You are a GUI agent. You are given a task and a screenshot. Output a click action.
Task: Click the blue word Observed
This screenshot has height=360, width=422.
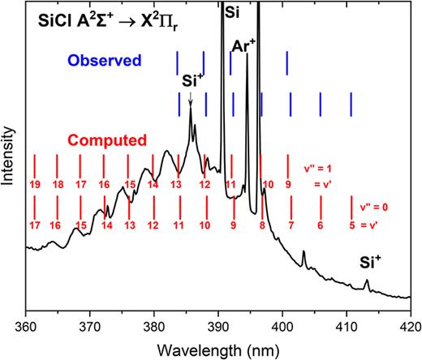(x=103, y=61)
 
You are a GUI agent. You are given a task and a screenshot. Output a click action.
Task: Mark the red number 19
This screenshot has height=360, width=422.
(x=35, y=185)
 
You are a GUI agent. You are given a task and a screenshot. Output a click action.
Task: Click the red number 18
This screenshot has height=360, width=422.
(x=58, y=185)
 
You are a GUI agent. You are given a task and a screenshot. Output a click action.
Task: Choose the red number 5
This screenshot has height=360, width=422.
(x=351, y=225)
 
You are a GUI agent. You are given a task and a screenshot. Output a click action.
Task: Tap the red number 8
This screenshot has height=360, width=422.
(x=262, y=225)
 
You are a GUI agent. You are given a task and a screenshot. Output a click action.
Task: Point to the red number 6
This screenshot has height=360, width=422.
(x=321, y=225)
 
